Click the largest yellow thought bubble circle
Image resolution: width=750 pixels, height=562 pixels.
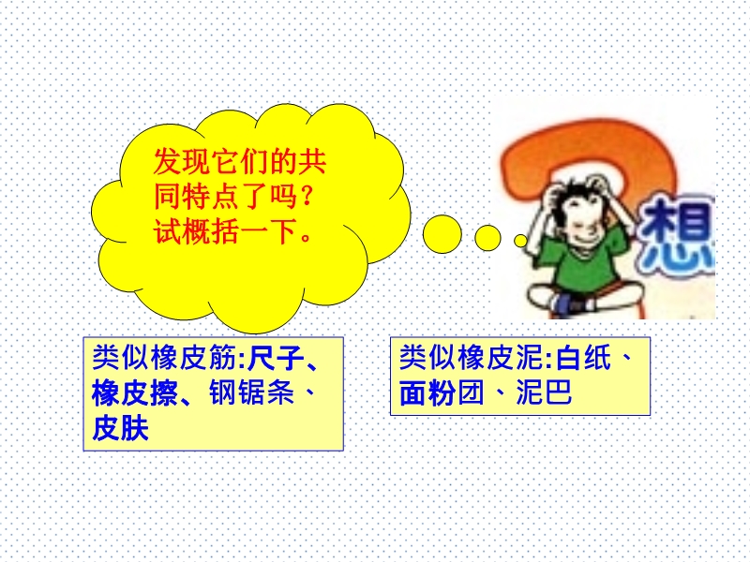442,233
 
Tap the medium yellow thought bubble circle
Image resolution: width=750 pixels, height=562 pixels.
487,238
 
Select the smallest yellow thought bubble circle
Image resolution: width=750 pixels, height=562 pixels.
520,241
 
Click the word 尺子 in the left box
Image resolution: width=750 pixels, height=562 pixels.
276,358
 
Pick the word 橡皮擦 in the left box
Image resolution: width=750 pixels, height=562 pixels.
134,392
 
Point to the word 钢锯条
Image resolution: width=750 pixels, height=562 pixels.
251,392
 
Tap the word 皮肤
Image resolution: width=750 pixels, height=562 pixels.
121,428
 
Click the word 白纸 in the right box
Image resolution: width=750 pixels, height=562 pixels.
583,358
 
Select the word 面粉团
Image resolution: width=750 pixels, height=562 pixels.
442,392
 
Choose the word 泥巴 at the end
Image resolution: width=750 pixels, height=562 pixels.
544,392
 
